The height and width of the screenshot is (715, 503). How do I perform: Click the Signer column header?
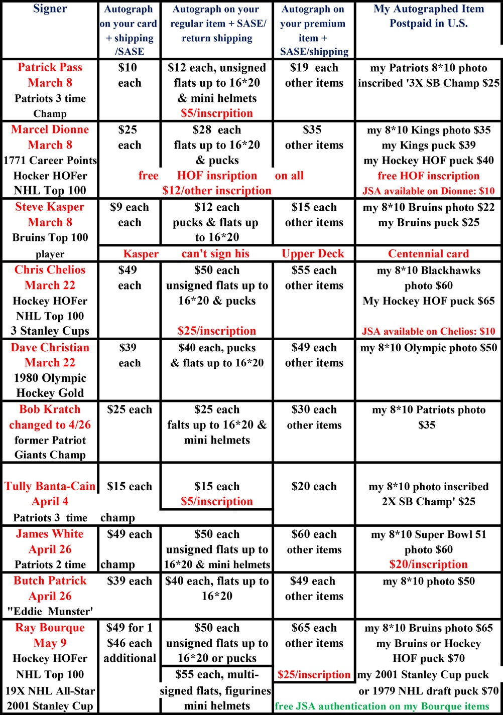(x=50, y=9)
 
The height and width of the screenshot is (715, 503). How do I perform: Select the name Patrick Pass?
(x=50, y=67)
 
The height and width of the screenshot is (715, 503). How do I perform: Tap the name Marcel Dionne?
(x=50, y=129)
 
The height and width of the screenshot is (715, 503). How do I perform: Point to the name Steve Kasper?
(x=50, y=207)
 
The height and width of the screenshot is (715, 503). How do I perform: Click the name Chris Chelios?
(x=50, y=270)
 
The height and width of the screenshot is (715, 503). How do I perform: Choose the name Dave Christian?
(x=50, y=348)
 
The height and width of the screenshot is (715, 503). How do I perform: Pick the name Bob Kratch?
(x=50, y=409)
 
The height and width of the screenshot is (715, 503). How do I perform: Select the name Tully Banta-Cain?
(x=50, y=486)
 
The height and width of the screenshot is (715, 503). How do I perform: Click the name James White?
(x=50, y=534)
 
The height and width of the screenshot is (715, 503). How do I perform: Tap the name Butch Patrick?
(x=50, y=581)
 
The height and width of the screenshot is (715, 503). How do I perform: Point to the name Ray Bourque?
(x=50, y=628)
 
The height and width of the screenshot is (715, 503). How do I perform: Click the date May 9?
(x=50, y=643)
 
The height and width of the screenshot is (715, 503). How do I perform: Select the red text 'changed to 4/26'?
(x=50, y=425)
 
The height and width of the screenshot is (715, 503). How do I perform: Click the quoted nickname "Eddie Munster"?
(x=50, y=612)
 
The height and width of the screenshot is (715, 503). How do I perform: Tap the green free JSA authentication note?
(x=382, y=706)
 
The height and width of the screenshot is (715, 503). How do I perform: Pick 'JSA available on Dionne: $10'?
(x=428, y=191)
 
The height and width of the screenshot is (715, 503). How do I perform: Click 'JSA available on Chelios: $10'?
(x=428, y=331)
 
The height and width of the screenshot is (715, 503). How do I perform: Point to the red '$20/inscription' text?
(x=428, y=564)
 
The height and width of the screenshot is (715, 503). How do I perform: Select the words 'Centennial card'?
(x=428, y=254)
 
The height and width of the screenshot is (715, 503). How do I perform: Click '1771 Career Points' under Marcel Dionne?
(x=50, y=161)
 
